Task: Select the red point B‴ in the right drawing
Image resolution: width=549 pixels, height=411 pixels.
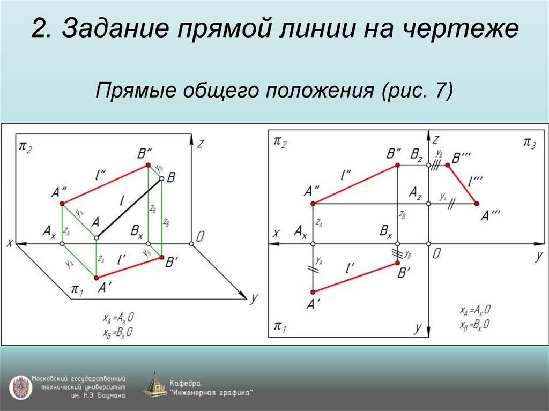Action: tap(447, 166)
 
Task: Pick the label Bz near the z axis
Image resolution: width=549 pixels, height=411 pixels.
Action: tap(417, 155)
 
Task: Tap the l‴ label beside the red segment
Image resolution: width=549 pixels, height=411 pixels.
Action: tap(474, 182)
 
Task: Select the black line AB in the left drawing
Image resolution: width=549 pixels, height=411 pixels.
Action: tap(129, 209)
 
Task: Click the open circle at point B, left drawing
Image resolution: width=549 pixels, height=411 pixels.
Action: tap(161, 181)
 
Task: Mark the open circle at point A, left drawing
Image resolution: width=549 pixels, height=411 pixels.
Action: tap(96, 237)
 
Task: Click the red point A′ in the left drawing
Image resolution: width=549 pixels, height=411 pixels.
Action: tap(96, 277)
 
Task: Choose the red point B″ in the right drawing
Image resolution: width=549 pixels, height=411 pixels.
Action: tap(397, 166)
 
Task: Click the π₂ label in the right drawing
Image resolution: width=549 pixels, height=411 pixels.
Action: tap(280, 142)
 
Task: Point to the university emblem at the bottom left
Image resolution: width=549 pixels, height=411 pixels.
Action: tap(19, 386)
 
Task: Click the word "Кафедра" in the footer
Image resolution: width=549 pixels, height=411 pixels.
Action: tap(185, 384)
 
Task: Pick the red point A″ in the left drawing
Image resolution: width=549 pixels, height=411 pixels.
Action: tap(62, 204)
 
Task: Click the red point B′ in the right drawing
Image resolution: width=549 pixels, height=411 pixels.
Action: tap(397, 262)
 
